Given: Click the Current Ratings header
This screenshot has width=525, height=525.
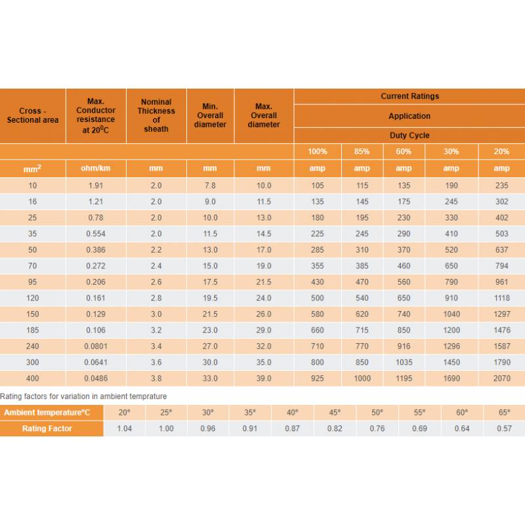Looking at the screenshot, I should (409, 96).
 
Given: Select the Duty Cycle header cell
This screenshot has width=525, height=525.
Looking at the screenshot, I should (409, 135).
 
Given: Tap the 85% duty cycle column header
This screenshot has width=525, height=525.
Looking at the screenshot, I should (362, 152).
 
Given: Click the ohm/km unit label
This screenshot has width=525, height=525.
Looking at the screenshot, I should (96, 169).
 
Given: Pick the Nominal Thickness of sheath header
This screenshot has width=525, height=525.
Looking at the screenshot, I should (156, 115).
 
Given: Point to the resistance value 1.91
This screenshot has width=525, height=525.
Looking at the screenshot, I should (96, 186).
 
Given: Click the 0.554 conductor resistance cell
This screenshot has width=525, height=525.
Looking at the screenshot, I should (96, 234).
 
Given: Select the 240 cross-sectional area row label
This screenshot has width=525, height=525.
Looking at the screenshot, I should (33, 346).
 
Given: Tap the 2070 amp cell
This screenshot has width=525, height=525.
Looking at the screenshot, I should (502, 379).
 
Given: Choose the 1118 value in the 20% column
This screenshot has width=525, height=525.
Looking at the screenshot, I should (502, 298).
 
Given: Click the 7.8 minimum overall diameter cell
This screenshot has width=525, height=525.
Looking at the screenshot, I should (210, 186).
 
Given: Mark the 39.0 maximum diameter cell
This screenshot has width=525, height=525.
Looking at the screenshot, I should (264, 379).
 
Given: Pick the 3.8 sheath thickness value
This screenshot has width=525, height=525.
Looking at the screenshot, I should (156, 379).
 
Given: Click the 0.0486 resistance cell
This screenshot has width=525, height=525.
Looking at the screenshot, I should (96, 379).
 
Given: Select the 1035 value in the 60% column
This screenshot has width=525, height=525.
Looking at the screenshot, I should (404, 362).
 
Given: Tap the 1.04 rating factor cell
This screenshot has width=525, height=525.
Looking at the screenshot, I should (124, 429).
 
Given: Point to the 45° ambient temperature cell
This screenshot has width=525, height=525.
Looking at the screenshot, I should (335, 413).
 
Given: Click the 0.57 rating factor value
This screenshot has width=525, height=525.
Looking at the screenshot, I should (504, 429).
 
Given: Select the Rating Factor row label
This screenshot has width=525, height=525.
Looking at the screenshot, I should (47, 429).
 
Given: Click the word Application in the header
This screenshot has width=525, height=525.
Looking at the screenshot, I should (409, 116).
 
